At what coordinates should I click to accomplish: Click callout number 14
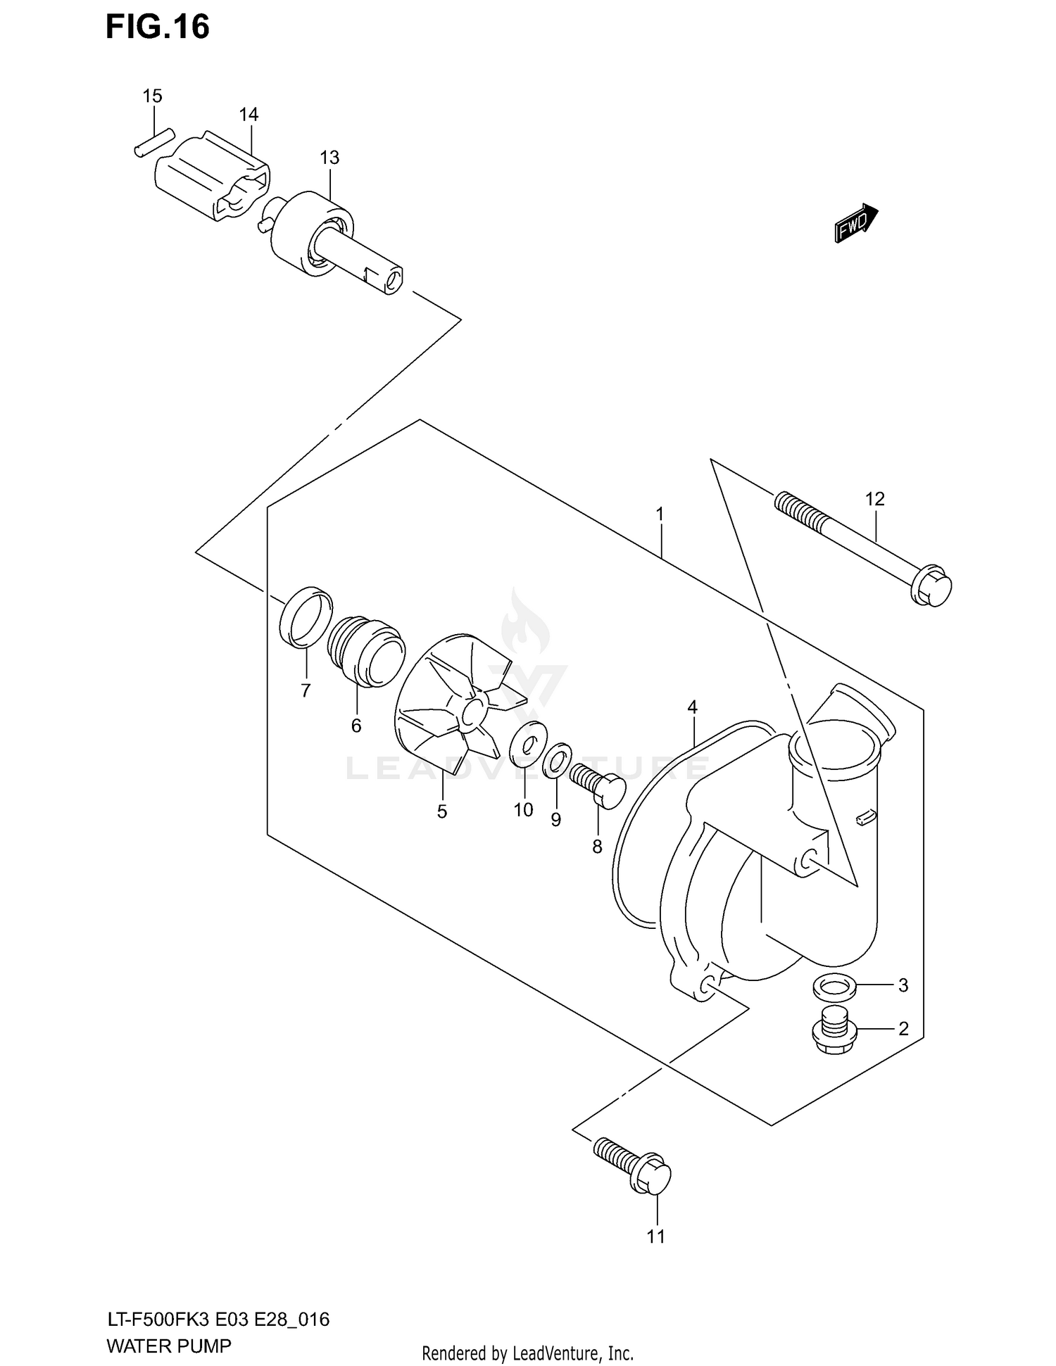(x=249, y=114)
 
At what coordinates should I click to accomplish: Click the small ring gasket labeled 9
(x=556, y=761)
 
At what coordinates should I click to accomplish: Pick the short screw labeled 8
(x=598, y=786)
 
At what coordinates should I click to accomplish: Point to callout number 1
(x=660, y=514)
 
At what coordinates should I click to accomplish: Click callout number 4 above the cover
(x=692, y=707)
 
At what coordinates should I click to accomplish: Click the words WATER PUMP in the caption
(x=168, y=1346)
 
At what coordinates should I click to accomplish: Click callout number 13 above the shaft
(x=329, y=158)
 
